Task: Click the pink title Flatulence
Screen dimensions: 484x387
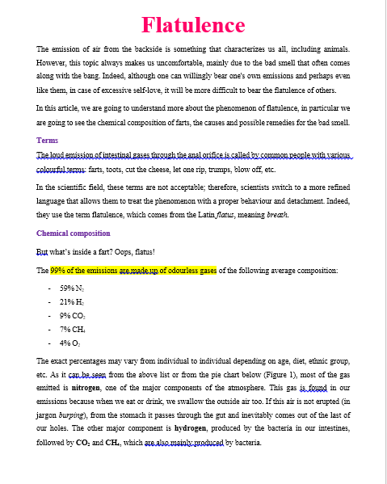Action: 193,25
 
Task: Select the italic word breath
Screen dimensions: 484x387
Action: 277,215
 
